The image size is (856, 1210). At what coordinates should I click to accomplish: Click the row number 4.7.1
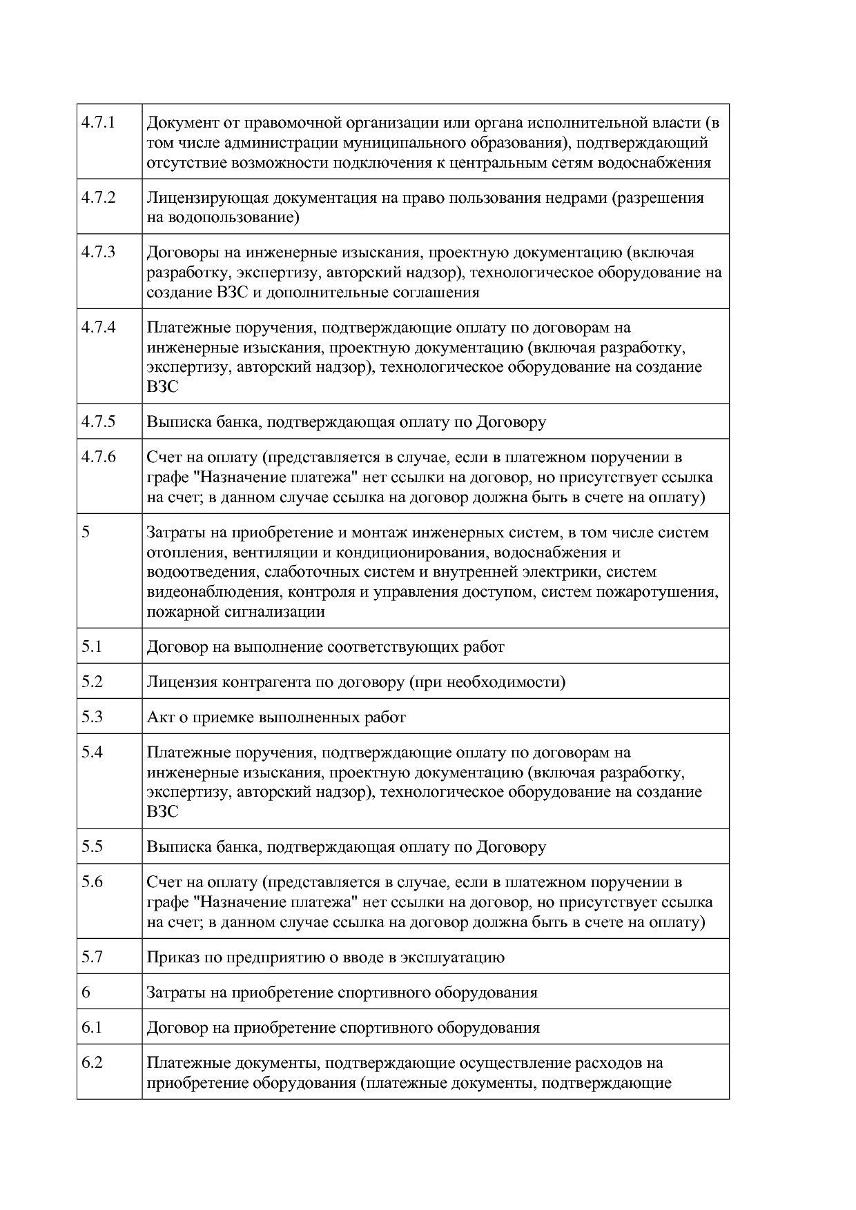pos(98,123)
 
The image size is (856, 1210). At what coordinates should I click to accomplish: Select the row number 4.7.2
pos(98,197)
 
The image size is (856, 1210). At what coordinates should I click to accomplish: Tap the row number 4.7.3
pos(98,252)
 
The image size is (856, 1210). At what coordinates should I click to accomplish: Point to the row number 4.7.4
pos(98,327)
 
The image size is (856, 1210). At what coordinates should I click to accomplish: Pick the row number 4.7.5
pos(98,421)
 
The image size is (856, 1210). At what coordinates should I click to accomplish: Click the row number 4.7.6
pos(98,457)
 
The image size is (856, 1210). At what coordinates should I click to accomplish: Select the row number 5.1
pos(92,646)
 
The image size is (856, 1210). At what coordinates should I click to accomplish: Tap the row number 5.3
pos(92,717)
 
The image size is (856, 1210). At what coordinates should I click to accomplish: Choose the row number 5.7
pos(92,957)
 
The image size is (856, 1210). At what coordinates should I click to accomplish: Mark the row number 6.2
pos(92,1062)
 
